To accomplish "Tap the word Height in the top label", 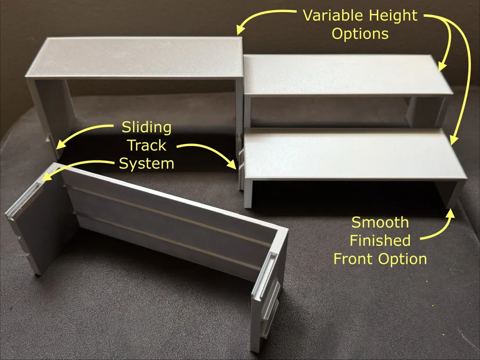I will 393,16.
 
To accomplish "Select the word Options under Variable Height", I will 360,34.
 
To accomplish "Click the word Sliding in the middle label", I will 146,128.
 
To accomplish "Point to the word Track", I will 146,145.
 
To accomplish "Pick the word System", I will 146,164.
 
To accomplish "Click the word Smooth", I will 380,223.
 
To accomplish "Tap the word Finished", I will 380,240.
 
